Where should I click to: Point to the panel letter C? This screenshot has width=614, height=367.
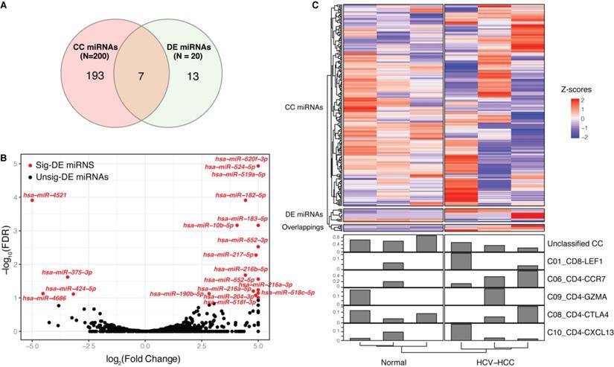(x=315, y=6)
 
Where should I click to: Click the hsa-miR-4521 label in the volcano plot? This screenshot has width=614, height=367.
(x=52, y=195)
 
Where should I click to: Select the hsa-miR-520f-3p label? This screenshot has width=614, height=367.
(x=237, y=159)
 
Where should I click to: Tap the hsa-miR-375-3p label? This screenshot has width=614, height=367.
(x=67, y=272)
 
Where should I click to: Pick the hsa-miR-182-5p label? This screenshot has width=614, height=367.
(x=237, y=195)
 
